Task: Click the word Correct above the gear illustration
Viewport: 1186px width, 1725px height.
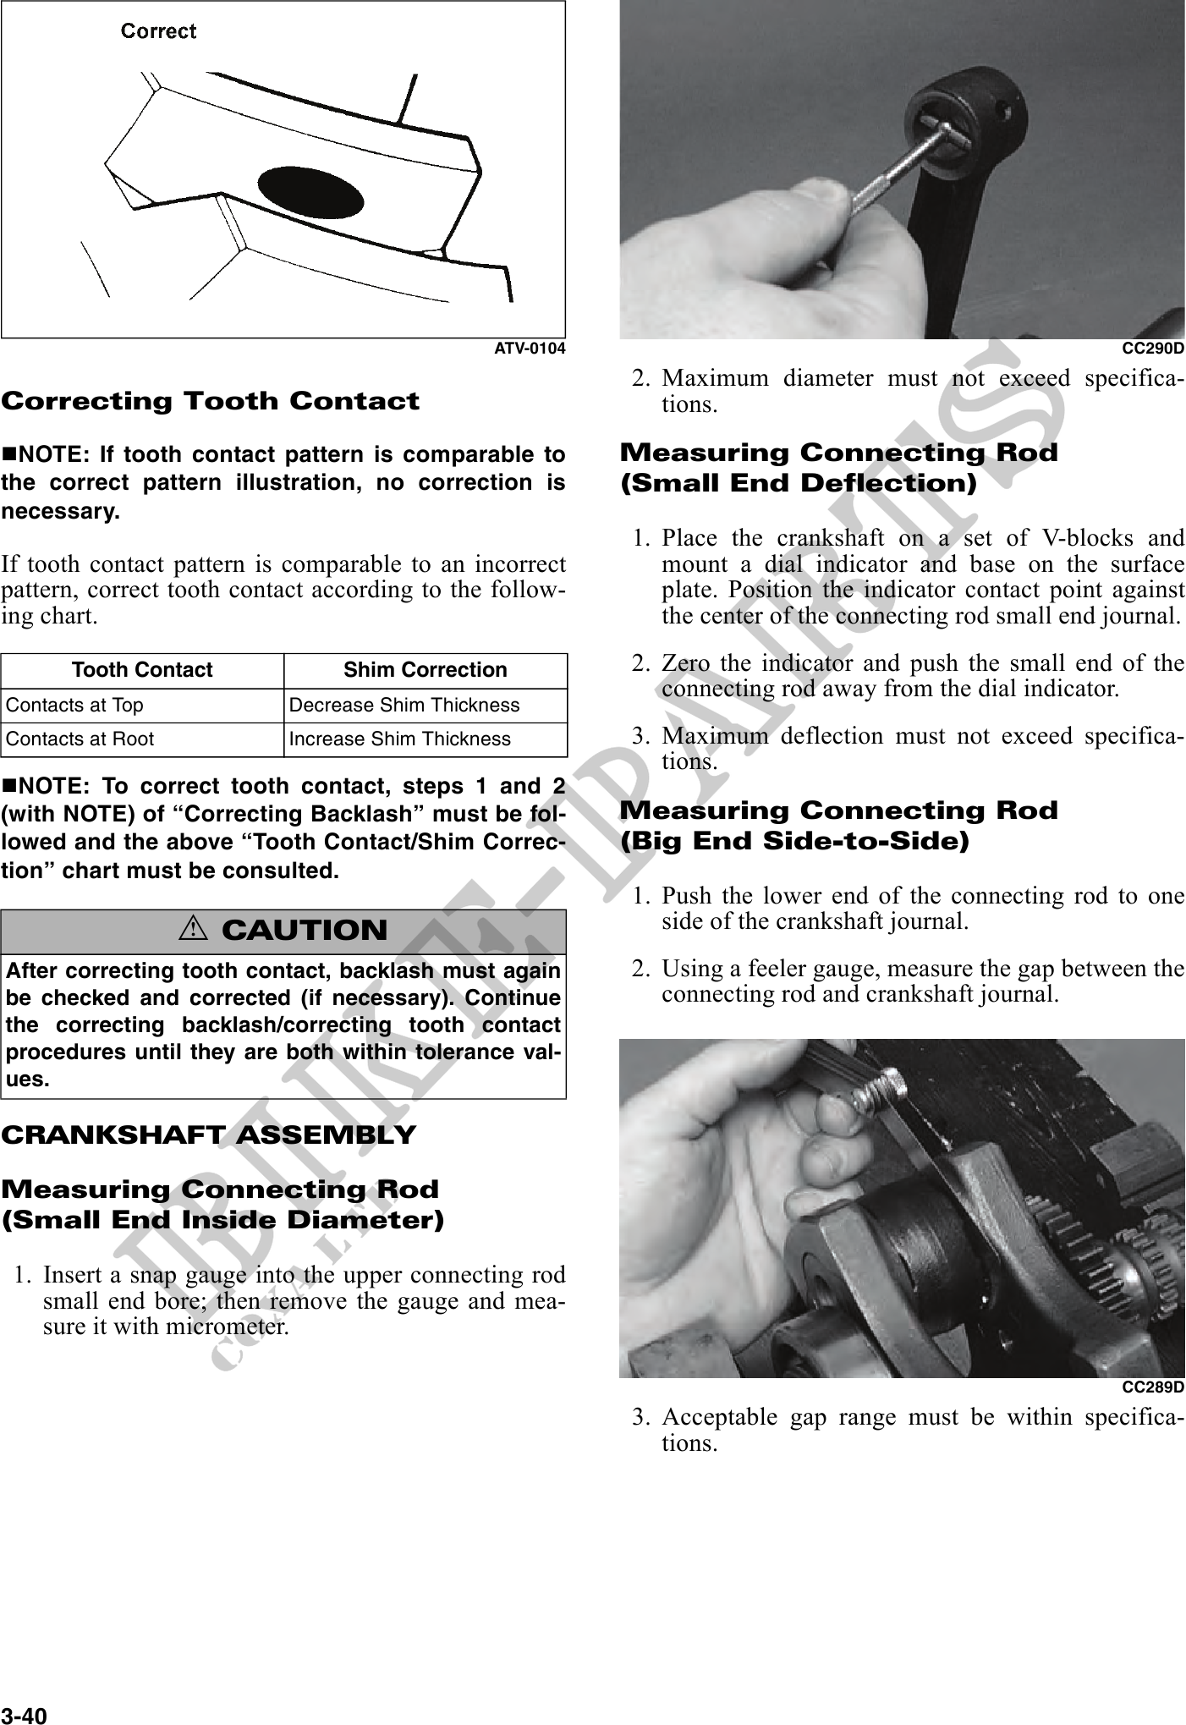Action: [x=158, y=31]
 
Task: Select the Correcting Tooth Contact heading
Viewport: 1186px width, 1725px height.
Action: [x=211, y=401]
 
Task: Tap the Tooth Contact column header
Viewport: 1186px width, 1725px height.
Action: [x=142, y=670]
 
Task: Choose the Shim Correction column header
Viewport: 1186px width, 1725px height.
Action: [x=425, y=670]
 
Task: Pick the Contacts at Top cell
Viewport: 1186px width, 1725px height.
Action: [x=75, y=706]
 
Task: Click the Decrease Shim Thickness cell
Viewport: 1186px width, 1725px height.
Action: [x=404, y=706]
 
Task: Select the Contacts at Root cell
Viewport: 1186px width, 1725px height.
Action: [x=80, y=739]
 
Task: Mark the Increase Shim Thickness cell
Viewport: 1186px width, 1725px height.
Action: [x=400, y=739]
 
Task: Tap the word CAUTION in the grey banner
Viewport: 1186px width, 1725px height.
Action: [x=305, y=931]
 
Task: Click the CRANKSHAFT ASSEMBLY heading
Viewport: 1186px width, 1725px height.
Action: [x=209, y=1134]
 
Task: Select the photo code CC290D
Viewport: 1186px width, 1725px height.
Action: [x=1152, y=348]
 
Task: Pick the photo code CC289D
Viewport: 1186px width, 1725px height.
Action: [x=1152, y=1387]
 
